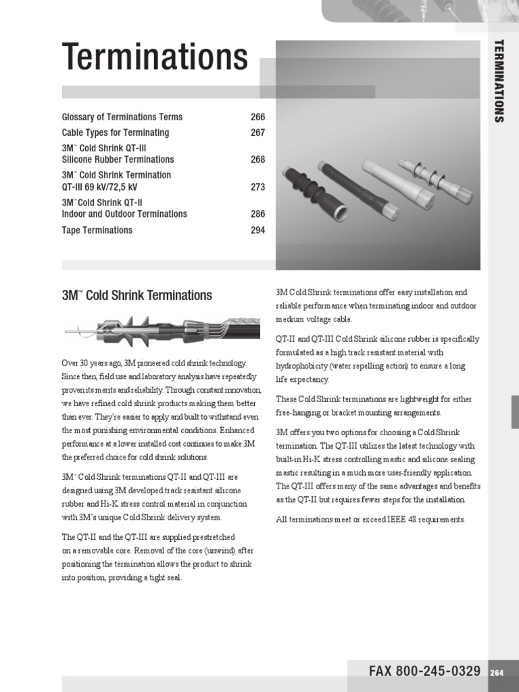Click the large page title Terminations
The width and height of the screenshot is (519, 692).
[x=155, y=57]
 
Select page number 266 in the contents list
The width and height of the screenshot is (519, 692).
[x=257, y=117]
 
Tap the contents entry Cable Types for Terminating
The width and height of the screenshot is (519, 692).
[x=116, y=132]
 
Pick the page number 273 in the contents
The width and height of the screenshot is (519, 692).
[x=257, y=187]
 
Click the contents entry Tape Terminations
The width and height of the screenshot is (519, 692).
[x=97, y=230]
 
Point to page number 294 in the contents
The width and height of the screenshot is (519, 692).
[x=257, y=230]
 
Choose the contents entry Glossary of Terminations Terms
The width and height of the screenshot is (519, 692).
[x=122, y=117]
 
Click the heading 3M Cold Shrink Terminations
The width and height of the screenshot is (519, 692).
[x=137, y=295]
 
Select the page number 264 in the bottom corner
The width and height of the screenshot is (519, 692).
[x=497, y=672]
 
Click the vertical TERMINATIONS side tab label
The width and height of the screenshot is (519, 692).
[x=499, y=81]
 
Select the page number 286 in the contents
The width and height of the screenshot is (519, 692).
[x=257, y=214]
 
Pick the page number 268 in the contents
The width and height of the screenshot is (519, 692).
[x=257, y=159]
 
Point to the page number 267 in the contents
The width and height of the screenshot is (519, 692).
[x=257, y=132]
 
